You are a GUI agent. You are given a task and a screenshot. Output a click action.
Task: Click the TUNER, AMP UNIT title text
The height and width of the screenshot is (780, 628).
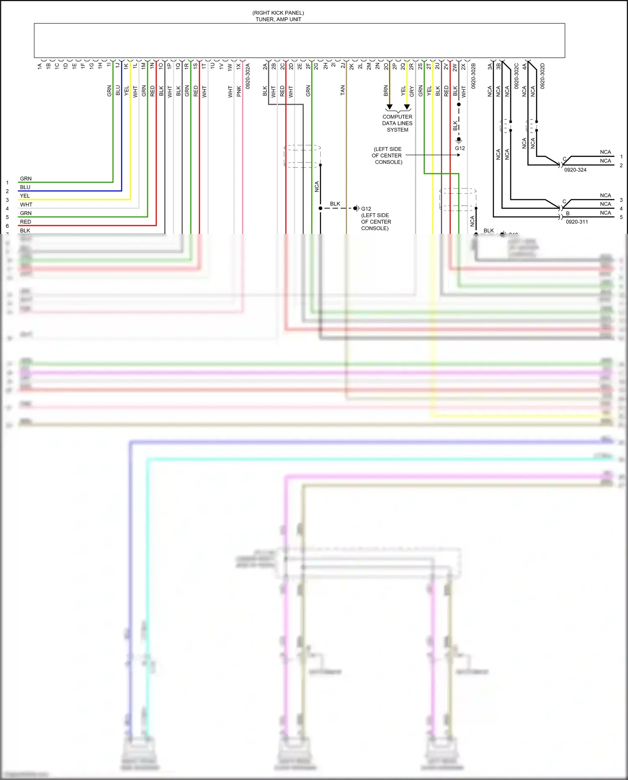[278, 19]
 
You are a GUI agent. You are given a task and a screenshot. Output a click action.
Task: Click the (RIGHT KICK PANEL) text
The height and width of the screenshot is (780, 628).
[278, 13]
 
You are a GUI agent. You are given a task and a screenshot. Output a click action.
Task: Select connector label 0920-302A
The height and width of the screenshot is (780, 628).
[247, 76]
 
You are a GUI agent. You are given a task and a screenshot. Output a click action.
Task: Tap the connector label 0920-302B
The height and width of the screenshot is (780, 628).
[474, 76]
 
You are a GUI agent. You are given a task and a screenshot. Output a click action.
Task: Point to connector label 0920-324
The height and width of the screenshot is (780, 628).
[575, 170]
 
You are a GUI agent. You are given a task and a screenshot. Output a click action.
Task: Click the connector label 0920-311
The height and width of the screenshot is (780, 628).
[577, 222]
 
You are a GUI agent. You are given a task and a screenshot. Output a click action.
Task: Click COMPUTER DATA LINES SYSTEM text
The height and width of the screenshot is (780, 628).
[397, 123]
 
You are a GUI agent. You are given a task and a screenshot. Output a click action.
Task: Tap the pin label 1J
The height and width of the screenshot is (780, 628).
[118, 65]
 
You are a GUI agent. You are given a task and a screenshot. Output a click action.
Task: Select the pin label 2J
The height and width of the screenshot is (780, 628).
[343, 66]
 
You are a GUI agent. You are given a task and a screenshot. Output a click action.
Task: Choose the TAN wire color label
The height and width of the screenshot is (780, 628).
[342, 90]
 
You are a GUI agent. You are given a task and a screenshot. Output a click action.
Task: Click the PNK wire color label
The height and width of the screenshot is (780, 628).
[239, 91]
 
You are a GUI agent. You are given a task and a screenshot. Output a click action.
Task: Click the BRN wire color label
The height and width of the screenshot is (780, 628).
[386, 91]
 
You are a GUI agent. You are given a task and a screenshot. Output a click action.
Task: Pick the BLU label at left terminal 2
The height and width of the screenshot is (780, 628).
[25, 187]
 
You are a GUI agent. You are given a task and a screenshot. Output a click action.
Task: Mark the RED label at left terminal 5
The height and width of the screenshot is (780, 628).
[26, 222]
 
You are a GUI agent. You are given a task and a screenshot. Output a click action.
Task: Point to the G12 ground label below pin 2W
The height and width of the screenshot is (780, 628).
[460, 148]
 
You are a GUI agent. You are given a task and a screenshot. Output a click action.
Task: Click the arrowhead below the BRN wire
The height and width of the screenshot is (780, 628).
[389, 107]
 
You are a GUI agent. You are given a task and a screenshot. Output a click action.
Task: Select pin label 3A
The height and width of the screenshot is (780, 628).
[490, 66]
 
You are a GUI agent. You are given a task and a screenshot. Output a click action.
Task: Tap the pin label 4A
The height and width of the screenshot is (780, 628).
[524, 66]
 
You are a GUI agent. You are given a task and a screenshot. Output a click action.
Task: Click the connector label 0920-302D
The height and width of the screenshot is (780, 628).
[542, 76]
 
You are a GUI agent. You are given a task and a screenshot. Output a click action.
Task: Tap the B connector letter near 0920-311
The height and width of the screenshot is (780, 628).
[568, 213]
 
